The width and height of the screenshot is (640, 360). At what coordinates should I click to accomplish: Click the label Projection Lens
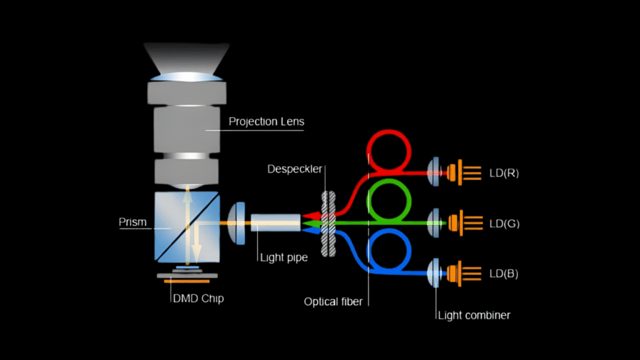point(266,121)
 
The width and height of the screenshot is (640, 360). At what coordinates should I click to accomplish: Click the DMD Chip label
point(198,299)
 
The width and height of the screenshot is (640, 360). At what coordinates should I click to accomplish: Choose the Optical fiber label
point(333,301)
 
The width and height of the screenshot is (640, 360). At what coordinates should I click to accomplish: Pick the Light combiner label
point(473,315)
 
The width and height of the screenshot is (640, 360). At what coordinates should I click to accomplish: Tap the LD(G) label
point(504,223)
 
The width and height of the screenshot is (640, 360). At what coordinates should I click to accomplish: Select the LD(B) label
point(504,274)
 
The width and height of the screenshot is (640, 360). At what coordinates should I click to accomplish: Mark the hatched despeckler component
point(326,222)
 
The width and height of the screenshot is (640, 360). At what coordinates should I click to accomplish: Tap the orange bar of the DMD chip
point(186,281)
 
